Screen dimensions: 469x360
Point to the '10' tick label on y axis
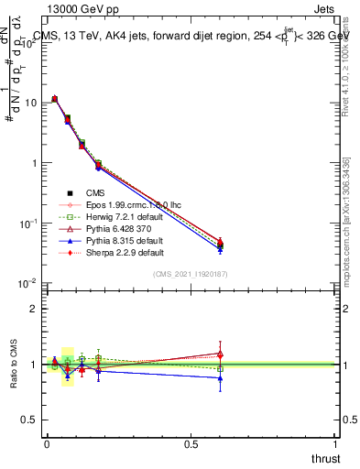(x=30, y=103)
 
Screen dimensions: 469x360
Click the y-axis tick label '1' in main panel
(x=34, y=163)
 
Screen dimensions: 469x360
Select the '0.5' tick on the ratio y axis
(x=28, y=420)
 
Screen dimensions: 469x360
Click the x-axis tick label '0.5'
(x=191, y=443)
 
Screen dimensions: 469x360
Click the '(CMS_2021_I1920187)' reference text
(x=191, y=274)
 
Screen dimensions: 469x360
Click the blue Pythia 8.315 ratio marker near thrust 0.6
(x=220, y=377)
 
